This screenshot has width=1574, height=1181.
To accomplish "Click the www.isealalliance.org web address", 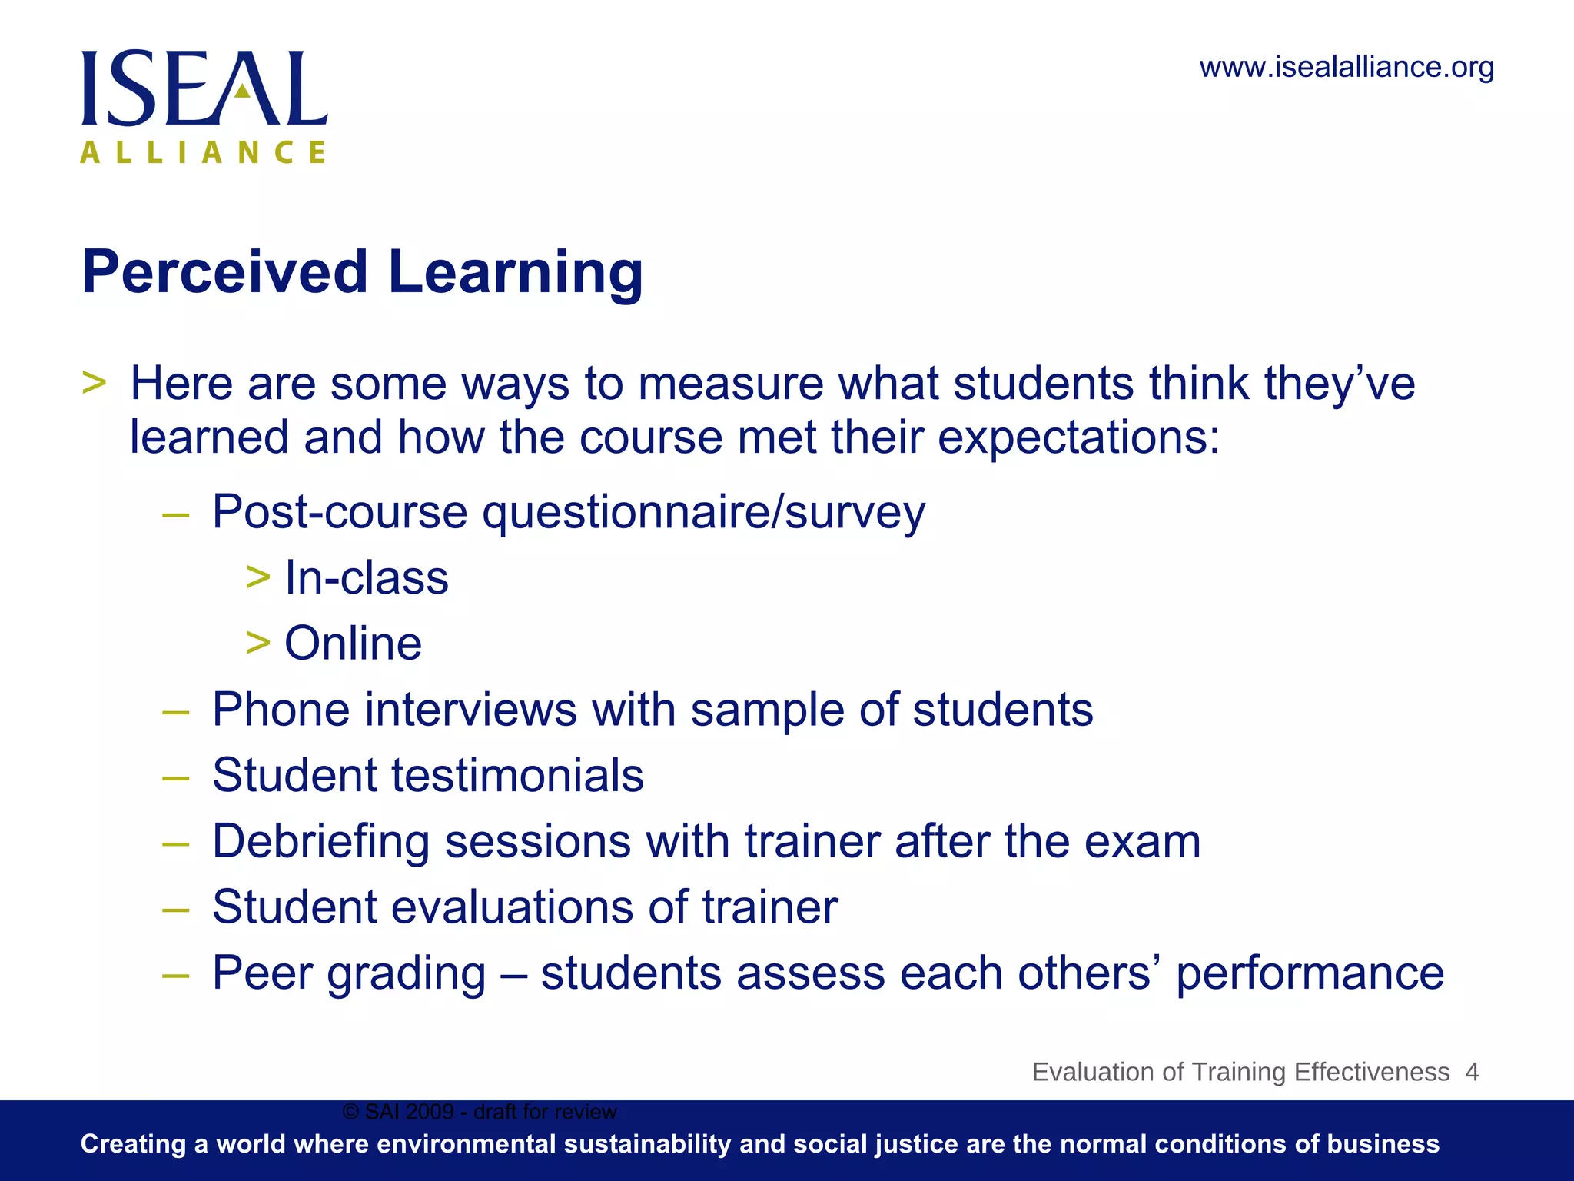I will click(1347, 68).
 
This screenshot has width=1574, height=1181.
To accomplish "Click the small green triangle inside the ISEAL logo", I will click(242, 91).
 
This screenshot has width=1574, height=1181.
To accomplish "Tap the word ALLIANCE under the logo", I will click(204, 152).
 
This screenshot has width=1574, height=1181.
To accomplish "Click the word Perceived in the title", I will click(224, 272).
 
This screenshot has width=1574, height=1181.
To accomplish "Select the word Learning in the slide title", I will click(515, 274).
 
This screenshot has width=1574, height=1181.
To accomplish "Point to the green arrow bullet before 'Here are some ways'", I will click(94, 382).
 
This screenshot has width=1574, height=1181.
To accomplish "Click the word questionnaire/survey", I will click(703, 513).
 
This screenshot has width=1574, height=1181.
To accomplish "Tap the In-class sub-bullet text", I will click(367, 578).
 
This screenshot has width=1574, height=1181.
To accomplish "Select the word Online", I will click(354, 644).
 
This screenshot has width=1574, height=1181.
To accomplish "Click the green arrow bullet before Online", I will click(258, 643).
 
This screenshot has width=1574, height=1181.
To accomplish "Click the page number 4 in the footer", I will click(1472, 1072).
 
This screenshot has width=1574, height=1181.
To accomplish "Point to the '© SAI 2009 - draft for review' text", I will click(480, 1112).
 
